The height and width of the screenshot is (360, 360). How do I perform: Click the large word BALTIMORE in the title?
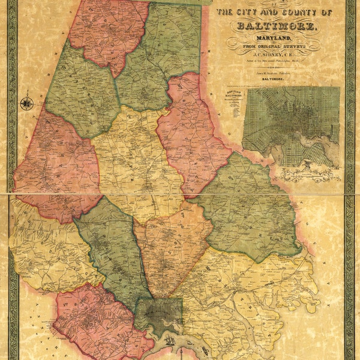click(x=277, y=26)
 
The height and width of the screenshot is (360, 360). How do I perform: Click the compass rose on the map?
click(x=26, y=103)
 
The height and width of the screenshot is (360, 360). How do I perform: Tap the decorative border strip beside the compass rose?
click(x=13, y=103)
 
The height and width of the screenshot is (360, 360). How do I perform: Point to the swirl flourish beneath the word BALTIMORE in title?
click(x=277, y=33)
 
